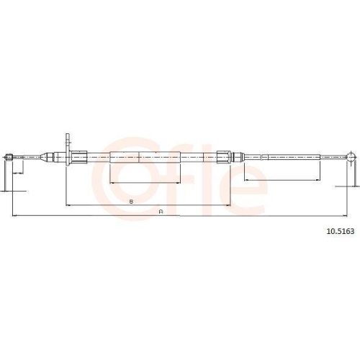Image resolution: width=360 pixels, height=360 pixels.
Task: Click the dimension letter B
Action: click(130, 202)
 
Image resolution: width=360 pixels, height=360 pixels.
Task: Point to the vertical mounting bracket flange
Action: click(68, 148)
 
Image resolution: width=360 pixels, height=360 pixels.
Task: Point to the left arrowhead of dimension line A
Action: click(14, 215)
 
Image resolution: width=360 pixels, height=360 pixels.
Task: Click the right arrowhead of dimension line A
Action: click(351, 215)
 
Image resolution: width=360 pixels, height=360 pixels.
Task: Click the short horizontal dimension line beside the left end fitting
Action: click(19, 173)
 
